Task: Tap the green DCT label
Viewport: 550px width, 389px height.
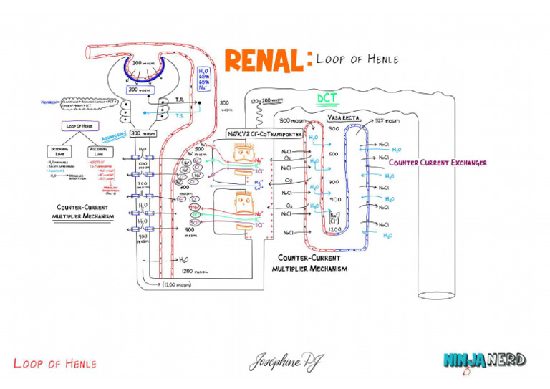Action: (327, 98)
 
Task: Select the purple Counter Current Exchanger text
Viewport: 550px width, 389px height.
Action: (438, 163)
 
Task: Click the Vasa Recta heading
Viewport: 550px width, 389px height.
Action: (343, 117)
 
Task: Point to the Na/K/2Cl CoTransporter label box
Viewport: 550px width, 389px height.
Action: (265, 134)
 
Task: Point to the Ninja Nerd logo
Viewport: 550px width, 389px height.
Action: (485, 360)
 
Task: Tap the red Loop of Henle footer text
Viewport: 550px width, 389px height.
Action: (54, 364)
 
